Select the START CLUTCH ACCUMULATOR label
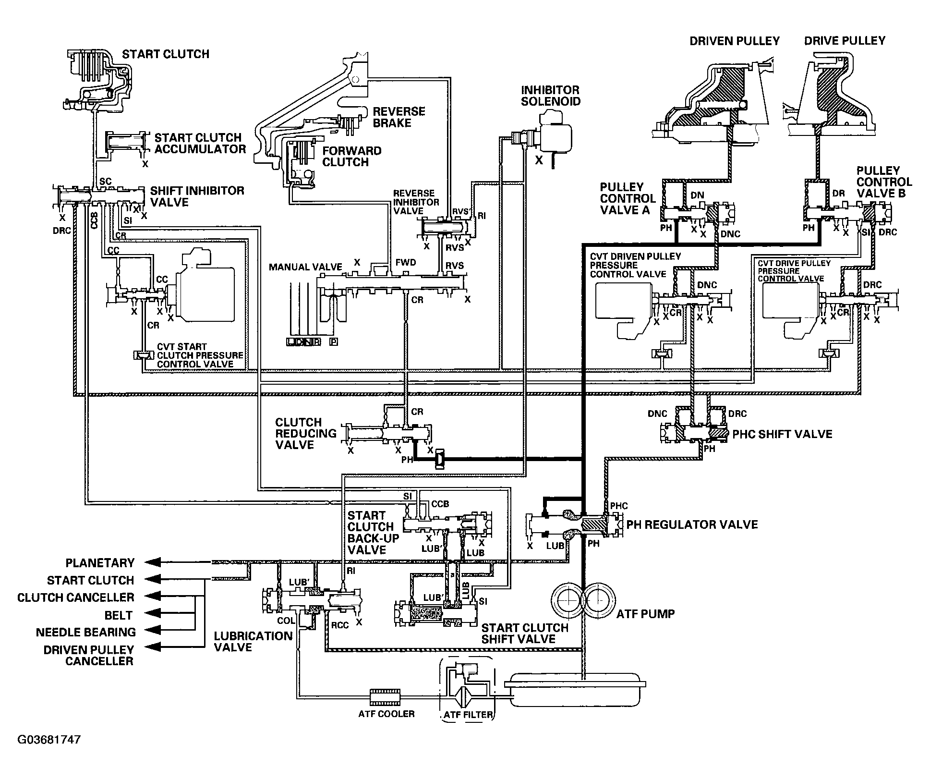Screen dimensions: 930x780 [200, 143]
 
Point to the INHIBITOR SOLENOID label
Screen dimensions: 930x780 [551, 96]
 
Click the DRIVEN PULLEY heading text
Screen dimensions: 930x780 [735, 41]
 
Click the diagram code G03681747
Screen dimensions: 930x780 [49, 739]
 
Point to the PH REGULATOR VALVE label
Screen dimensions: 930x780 [692, 524]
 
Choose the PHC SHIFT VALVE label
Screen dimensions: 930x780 [782, 434]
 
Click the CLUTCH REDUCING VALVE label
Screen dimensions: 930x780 [306, 433]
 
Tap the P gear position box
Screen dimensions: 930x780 [333, 342]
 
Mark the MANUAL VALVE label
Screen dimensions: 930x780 [305, 267]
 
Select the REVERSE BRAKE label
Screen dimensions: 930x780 [392, 117]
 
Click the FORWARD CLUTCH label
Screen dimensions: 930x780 [352, 156]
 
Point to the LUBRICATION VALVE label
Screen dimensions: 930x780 [253, 642]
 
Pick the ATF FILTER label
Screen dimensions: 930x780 [468, 714]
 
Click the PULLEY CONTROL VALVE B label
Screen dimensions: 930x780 [884, 182]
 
